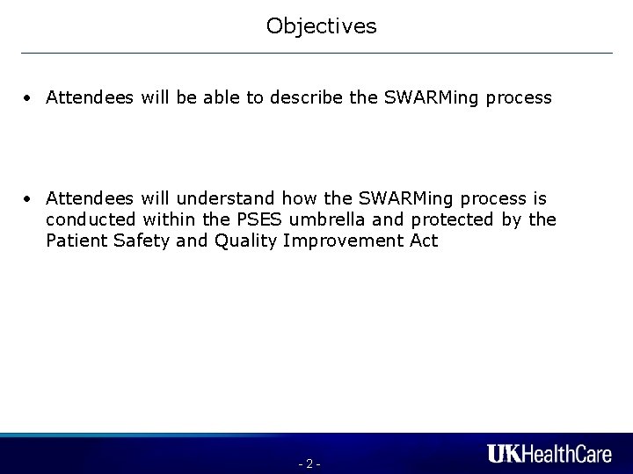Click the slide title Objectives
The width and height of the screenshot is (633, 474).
pos(321,27)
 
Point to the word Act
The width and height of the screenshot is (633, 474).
pos(423,240)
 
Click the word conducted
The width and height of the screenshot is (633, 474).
pos(91,219)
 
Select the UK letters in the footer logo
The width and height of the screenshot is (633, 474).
pos(506,454)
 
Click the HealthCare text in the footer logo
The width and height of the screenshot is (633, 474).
pos(569,454)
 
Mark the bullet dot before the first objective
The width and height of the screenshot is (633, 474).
pos(30,98)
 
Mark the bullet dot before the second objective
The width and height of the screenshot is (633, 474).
pos(30,199)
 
